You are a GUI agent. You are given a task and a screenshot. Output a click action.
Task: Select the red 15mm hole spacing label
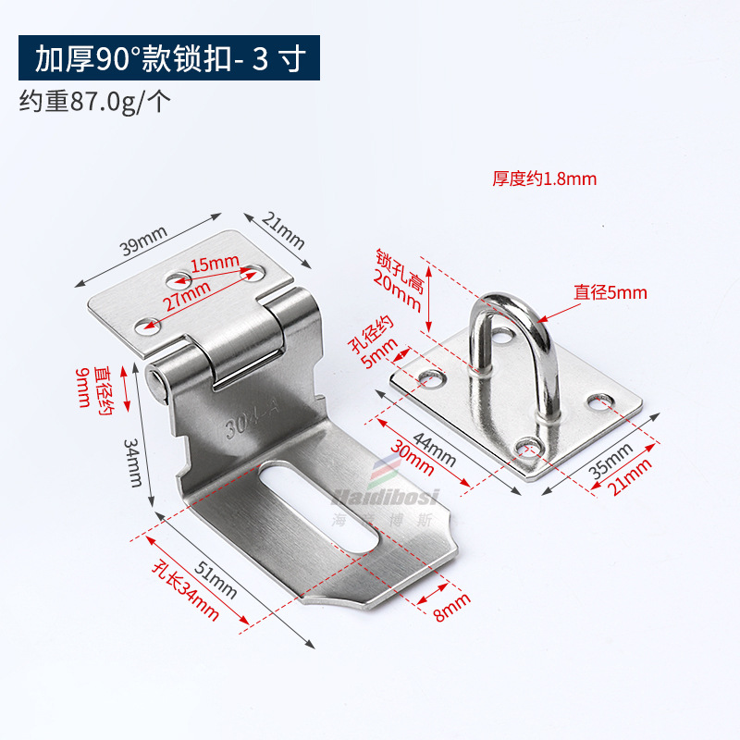coord(215,265)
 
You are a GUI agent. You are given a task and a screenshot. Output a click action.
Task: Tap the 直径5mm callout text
coord(610,292)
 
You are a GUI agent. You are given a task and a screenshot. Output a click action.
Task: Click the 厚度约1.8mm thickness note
coord(544,179)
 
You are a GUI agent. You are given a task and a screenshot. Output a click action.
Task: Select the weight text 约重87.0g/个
coord(95,101)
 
